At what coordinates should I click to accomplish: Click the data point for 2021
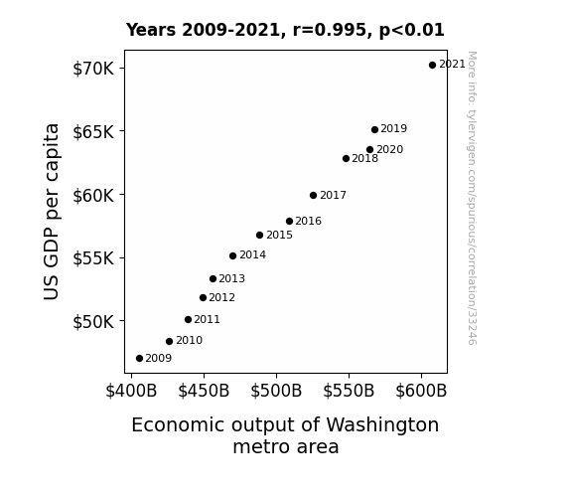[x=432, y=66]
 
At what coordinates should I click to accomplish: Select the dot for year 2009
[x=139, y=359]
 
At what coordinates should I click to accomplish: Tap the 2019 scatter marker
[x=374, y=129]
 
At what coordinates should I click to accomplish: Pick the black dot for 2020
[x=370, y=149]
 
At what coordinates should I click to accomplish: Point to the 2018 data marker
[x=346, y=159]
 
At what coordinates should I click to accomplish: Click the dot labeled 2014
[x=233, y=256]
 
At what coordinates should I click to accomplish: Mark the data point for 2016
[x=290, y=221]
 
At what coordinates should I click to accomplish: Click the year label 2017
[x=334, y=196]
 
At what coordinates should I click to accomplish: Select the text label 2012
[x=222, y=298]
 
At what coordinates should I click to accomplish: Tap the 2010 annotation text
[x=189, y=340]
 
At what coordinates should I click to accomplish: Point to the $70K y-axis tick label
[x=93, y=69]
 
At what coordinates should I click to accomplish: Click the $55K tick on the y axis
[x=93, y=258]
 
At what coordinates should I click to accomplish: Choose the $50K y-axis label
[x=93, y=322]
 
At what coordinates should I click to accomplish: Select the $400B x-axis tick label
[x=131, y=391]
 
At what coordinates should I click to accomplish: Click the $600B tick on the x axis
[x=421, y=391]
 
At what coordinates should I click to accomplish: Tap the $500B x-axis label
[x=276, y=391]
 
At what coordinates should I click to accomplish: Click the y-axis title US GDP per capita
[x=52, y=212]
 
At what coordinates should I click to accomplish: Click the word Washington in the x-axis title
[x=382, y=425]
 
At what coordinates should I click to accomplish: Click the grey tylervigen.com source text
[x=472, y=198]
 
